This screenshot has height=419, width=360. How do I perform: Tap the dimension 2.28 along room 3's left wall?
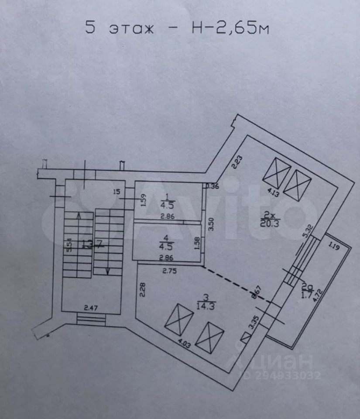[x=143, y=290]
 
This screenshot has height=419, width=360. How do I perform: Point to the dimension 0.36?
[x=213, y=186]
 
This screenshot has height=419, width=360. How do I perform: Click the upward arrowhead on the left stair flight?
[x=78, y=215]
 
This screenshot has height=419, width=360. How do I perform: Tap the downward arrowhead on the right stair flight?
[x=107, y=271]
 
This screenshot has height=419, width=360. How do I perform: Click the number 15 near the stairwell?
[x=116, y=191]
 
